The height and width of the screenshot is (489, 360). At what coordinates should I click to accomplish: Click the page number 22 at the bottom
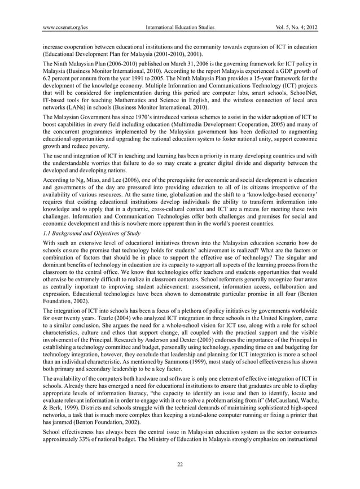(180, 465)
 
